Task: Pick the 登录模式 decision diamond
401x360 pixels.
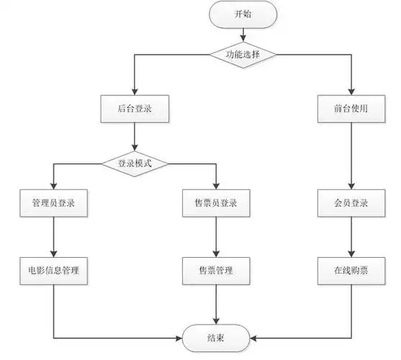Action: pyautogui.click(x=135, y=163)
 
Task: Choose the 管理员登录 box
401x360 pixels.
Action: pyautogui.click(x=55, y=204)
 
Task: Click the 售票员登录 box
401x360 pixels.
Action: pyautogui.click(x=216, y=204)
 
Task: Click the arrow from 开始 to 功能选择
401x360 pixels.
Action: pyautogui.click(x=241, y=35)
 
